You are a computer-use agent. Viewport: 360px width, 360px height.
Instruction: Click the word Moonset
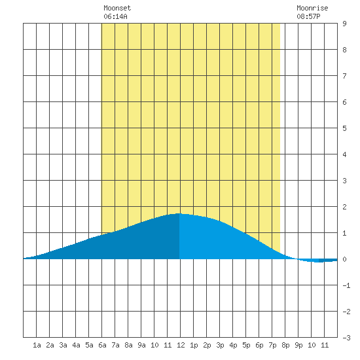[117, 8]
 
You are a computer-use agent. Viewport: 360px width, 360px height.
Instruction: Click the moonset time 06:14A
[115, 16]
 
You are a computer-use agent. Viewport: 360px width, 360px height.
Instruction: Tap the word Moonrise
[312, 8]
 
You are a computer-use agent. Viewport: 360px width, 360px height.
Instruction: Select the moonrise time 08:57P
[308, 16]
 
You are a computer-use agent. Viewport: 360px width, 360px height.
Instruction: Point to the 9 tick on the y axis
[344, 24]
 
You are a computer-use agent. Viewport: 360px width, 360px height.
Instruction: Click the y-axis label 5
[344, 128]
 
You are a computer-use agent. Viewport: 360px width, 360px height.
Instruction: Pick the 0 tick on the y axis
[344, 259]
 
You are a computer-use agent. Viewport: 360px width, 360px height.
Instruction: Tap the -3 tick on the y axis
[346, 338]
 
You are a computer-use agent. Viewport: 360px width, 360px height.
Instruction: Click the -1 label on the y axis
[346, 285]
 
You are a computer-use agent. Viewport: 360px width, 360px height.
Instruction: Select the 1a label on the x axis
[37, 345]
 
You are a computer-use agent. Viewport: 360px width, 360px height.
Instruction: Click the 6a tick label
[102, 345]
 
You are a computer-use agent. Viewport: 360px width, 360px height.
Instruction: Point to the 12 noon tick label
[181, 345]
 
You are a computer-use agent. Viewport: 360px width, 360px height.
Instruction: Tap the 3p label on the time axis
[220, 345]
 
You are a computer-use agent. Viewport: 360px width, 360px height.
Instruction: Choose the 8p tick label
[285, 345]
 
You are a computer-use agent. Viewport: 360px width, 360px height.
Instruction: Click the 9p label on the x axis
[298, 345]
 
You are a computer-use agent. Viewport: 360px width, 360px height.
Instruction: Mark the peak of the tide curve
[179, 213]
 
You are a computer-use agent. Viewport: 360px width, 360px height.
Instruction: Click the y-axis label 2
[344, 207]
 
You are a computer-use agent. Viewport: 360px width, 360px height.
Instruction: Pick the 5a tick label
[89, 345]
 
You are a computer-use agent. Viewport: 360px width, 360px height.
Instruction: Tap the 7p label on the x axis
[272, 345]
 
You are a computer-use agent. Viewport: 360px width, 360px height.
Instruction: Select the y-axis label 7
[344, 76]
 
